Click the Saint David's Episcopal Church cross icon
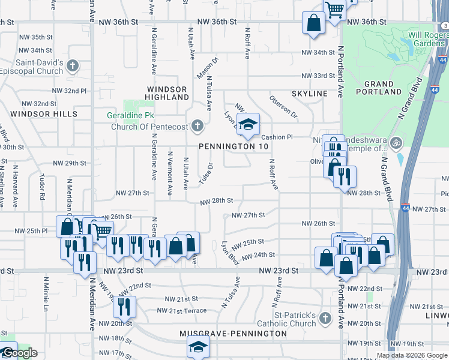pyautogui.click(x=73, y=65)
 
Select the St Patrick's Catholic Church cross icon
pyautogui.click(x=325, y=318)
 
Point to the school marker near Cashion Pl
pyautogui.click(x=246, y=125)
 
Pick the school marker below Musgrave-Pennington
pyautogui.click(x=197, y=347)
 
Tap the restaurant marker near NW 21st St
pyautogui.click(x=124, y=307)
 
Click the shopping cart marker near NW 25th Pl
pyautogui.click(x=102, y=230)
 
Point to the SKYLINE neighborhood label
pyautogui.click(x=309, y=94)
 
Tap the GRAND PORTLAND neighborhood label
pyautogui.click(x=378, y=88)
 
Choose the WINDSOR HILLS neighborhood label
pyautogui.click(x=44, y=113)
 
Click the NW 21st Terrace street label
pyautogui.click(x=181, y=310)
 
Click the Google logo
pyautogui.click(x=19, y=353)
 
